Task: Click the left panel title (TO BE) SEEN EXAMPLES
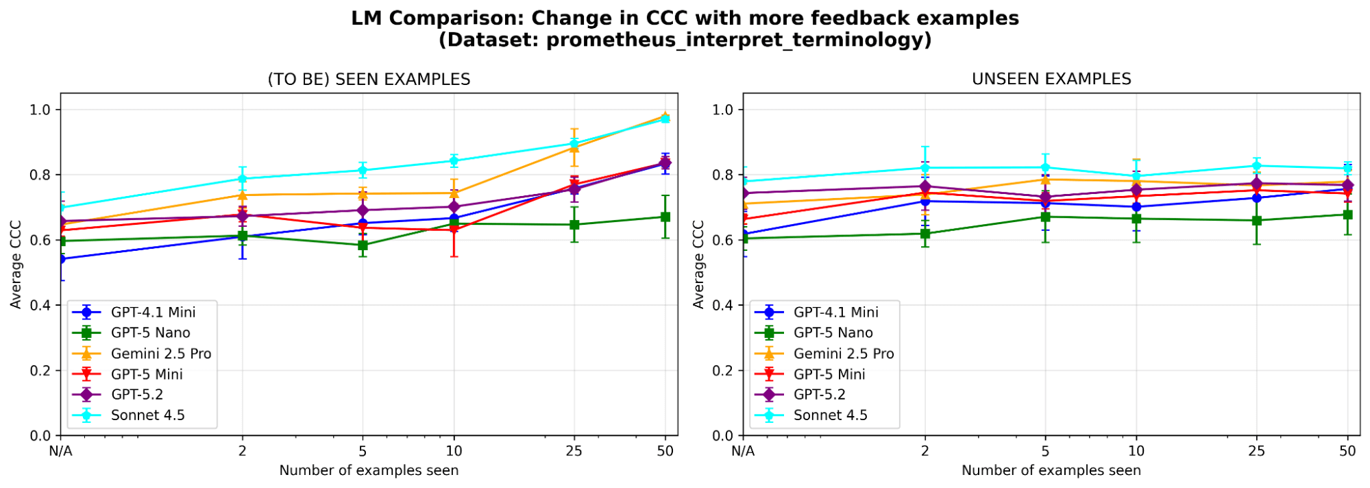point(369,80)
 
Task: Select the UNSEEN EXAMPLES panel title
point(1051,80)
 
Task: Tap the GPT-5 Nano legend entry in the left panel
point(150,333)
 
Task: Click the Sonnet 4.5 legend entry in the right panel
point(830,415)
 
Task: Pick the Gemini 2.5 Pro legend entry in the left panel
point(160,354)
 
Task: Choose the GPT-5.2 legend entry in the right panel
point(819,395)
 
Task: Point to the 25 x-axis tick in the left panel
point(574,451)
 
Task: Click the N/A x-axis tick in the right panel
point(743,451)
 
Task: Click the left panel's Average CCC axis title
point(16,265)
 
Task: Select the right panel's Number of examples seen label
point(1051,471)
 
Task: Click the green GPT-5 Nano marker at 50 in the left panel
point(665,217)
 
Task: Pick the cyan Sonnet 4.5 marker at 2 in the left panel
point(242,180)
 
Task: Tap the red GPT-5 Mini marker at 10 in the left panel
point(454,230)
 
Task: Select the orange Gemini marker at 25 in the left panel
point(574,147)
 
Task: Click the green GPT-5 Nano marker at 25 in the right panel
point(1256,221)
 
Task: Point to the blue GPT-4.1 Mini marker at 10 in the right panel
point(1136,207)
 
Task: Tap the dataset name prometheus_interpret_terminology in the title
point(735,40)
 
